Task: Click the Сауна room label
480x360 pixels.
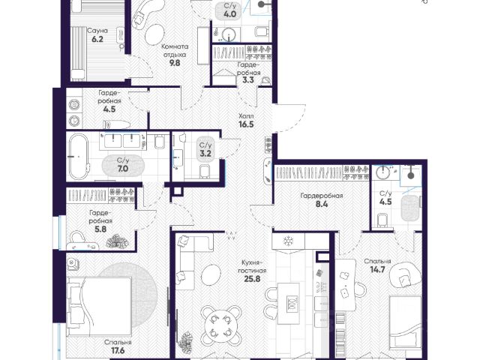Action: tap(97, 31)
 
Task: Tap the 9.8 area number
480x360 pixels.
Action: tap(175, 63)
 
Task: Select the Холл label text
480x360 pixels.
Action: tap(246, 116)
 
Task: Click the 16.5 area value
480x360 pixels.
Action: tap(246, 124)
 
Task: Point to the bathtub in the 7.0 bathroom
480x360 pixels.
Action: tap(79, 157)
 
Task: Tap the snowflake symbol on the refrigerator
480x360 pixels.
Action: tap(288, 241)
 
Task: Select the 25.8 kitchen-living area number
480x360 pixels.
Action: tap(253, 278)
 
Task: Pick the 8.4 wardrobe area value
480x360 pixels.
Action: tap(322, 204)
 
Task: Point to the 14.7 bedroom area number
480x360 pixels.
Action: tap(376, 270)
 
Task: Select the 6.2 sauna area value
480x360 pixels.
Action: tap(97, 39)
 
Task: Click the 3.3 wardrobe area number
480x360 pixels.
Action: tap(248, 81)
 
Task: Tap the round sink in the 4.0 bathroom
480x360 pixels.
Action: tap(229, 34)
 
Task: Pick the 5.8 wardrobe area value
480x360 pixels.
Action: tap(100, 229)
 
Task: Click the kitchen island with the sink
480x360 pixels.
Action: tap(288, 304)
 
